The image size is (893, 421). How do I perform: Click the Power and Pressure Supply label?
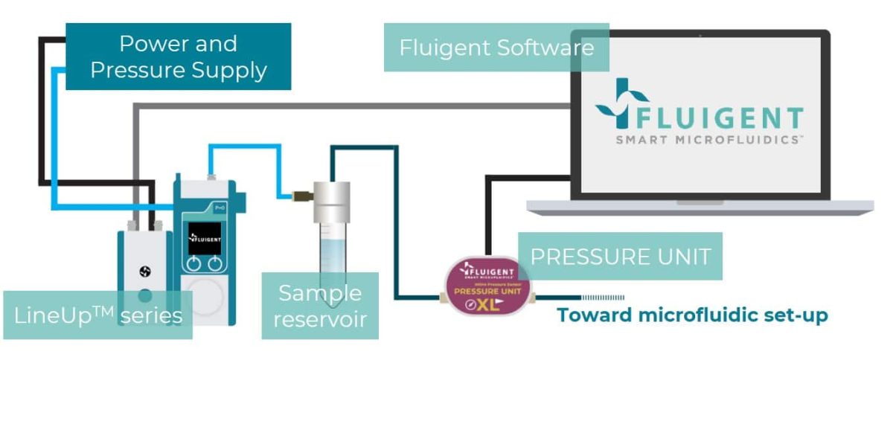[x=178, y=57]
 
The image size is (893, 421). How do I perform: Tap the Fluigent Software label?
[x=496, y=48]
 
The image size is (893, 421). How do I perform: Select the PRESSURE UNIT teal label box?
[x=619, y=257]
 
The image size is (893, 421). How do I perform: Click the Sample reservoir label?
[x=320, y=306]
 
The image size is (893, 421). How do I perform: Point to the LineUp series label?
[x=97, y=315]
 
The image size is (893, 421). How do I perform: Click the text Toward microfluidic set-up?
[x=692, y=315]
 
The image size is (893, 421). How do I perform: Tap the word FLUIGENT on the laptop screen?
[x=718, y=118]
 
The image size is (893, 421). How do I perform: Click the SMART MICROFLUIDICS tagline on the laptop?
[x=708, y=139]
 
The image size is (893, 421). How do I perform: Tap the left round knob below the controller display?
[x=193, y=263]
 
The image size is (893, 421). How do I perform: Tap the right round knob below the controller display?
[x=215, y=263]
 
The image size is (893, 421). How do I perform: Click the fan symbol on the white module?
[x=145, y=272]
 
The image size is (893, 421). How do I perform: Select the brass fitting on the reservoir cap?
[x=301, y=196]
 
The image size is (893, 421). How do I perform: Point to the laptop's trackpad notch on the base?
[x=700, y=202]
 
